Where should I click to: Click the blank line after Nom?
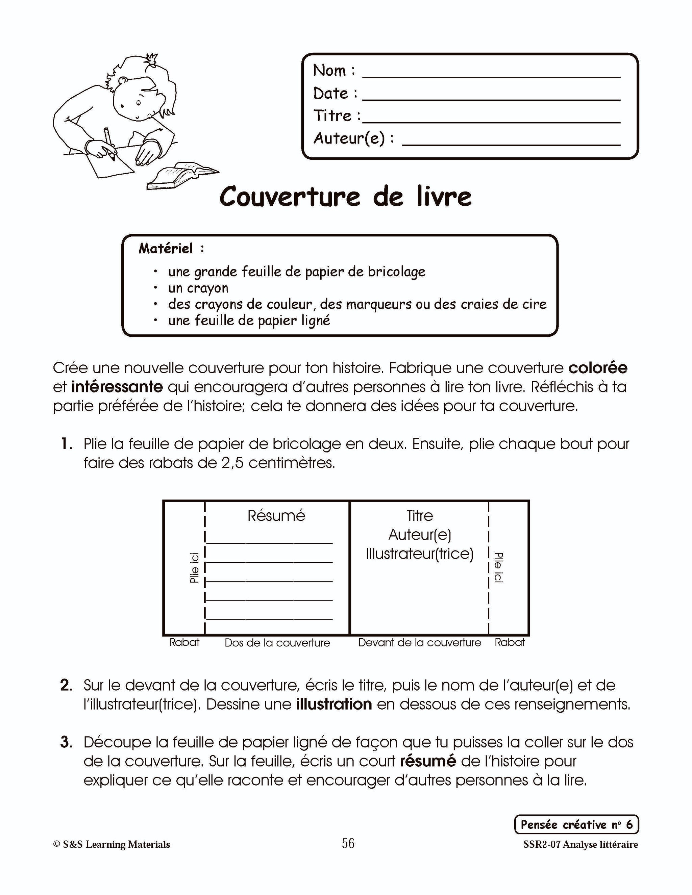tap(491, 75)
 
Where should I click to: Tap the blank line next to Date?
tap(491, 98)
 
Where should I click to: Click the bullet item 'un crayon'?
tap(198, 288)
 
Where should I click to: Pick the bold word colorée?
tap(598, 368)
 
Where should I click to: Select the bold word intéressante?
tap(117, 387)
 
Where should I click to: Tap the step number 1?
tap(67, 444)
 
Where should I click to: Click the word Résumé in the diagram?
tap(276, 515)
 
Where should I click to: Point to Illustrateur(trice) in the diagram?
tap(419, 554)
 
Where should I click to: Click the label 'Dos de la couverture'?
tap(277, 643)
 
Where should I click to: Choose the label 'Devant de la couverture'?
tap(419, 643)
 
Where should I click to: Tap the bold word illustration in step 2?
tap(334, 704)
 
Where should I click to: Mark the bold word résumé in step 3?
tap(427, 761)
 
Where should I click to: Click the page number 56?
tap(348, 843)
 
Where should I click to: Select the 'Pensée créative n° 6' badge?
tap(576, 824)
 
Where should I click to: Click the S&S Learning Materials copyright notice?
tap(112, 845)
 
